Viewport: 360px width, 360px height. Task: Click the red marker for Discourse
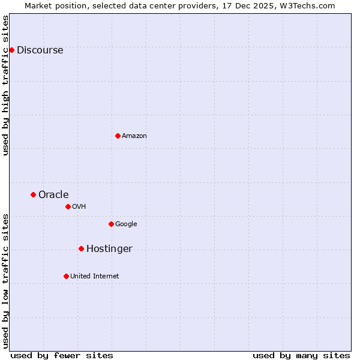click(x=11, y=50)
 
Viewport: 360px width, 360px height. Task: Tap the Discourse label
click(x=40, y=50)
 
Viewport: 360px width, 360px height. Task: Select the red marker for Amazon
click(x=118, y=136)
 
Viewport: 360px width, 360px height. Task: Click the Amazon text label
click(x=134, y=136)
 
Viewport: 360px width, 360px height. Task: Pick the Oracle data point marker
click(x=33, y=194)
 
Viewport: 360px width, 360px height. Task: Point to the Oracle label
click(x=53, y=195)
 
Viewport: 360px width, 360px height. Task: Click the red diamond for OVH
click(x=68, y=206)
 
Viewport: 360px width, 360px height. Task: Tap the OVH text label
click(x=79, y=207)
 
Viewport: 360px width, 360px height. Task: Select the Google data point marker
click(x=111, y=224)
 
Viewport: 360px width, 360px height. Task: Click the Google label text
click(x=126, y=224)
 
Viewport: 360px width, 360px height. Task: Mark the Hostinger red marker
click(x=81, y=248)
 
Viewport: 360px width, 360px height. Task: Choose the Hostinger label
click(x=109, y=249)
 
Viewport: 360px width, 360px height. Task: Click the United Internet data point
click(x=66, y=276)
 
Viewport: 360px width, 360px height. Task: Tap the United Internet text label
click(x=95, y=277)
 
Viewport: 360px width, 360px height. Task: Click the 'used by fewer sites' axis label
click(x=62, y=355)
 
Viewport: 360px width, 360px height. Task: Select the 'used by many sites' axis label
click(x=301, y=355)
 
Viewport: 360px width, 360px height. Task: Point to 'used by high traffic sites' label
click(x=6, y=85)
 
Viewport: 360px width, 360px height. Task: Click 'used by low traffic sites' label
click(x=6, y=281)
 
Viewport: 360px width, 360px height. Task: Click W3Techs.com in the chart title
click(x=310, y=5)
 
